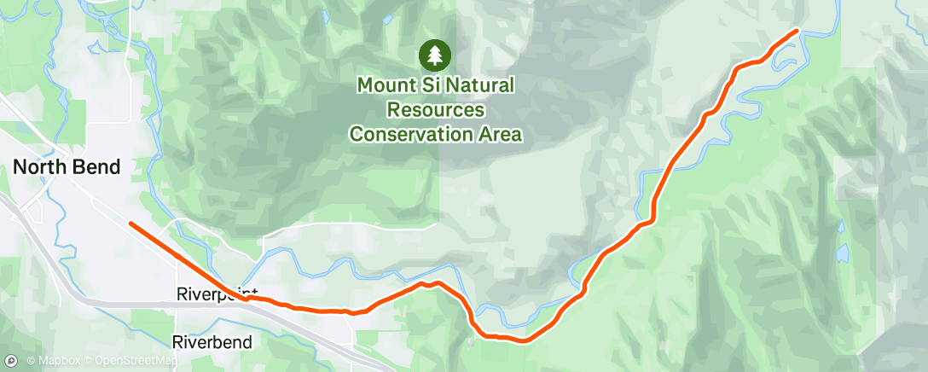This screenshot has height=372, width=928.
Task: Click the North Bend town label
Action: [67, 168]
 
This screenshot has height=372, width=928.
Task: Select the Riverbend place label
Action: [212, 343]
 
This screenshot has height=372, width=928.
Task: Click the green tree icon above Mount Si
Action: [435, 56]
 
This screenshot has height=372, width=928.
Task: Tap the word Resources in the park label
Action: [436, 110]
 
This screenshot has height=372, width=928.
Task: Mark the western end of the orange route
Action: [130, 224]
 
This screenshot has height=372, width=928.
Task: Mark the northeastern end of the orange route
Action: [797, 31]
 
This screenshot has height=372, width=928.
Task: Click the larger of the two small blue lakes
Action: [842, 253]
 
